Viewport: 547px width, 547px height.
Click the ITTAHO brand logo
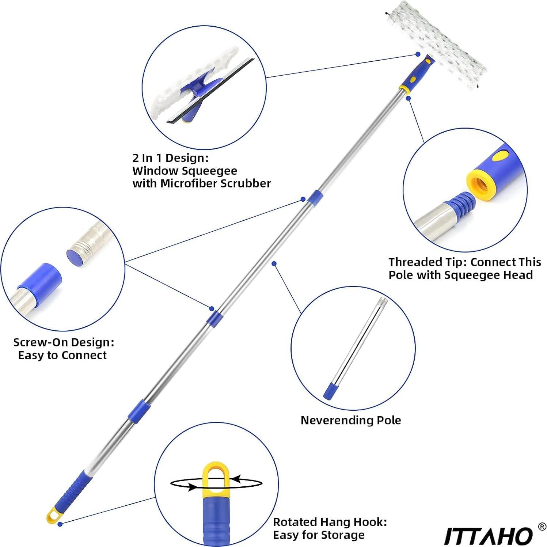coord(488,536)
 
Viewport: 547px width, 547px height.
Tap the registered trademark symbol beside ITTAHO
coord(542,527)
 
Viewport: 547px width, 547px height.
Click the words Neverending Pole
coord(350,420)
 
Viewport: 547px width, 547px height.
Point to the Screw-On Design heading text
coord(64,342)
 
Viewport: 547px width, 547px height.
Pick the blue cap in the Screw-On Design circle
coord(39,277)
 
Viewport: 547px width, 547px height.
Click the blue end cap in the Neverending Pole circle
coord(330,391)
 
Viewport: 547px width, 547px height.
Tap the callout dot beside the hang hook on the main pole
coord(60,524)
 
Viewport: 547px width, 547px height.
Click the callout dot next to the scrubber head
coord(418,54)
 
